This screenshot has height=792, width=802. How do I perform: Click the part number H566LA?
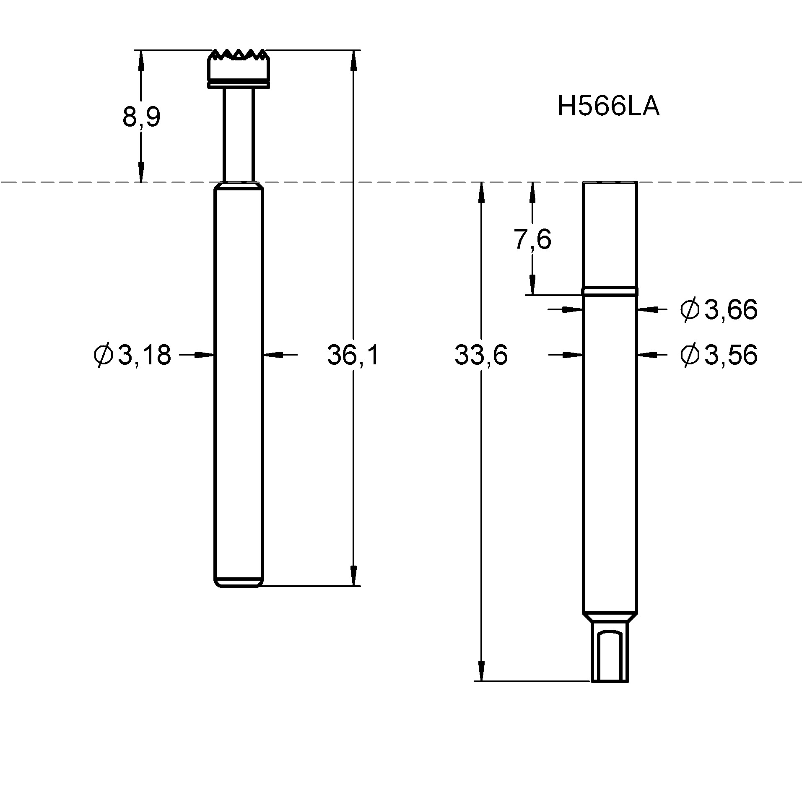click(x=607, y=106)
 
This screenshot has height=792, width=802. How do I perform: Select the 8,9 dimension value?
click(x=141, y=117)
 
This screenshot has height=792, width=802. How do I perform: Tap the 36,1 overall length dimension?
click(x=353, y=355)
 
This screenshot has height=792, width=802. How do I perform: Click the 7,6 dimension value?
click(x=532, y=239)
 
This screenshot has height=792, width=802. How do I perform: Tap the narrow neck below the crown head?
click(x=238, y=134)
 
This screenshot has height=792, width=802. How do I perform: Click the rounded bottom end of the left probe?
click(x=238, y=582)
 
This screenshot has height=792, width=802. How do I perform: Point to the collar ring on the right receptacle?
click(x=610, y=291)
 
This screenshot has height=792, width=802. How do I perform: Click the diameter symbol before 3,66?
click(x=690, y=310)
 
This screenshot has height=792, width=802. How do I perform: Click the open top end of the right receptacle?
click(x=610, y=183)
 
